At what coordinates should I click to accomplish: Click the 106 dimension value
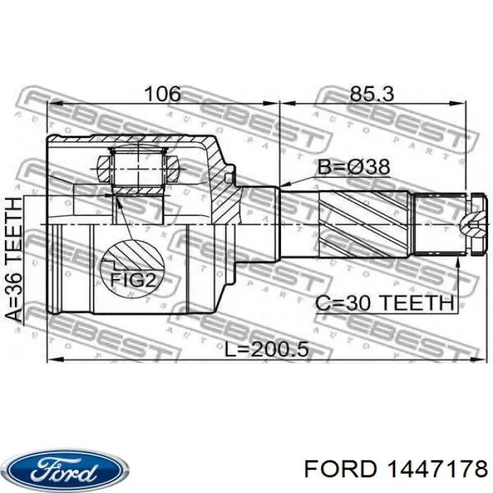point(163,94)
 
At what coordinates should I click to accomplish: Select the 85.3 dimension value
point(372,94)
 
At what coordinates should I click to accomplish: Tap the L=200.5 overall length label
point(267,349)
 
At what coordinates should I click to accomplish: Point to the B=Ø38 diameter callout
point(354,167)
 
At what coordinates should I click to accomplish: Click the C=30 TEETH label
point(385,304)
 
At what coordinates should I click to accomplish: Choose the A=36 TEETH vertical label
point(15,260)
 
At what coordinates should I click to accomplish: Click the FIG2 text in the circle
point(133,280)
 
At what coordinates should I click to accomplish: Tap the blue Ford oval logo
point(68,470)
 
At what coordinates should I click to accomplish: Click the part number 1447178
point(437,470)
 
